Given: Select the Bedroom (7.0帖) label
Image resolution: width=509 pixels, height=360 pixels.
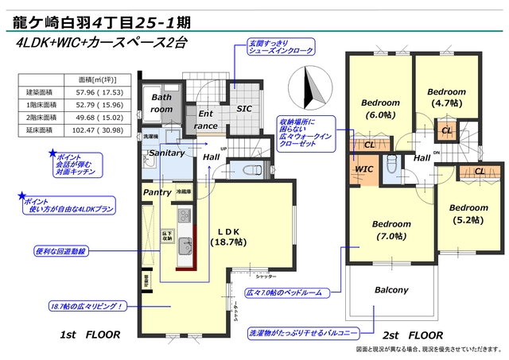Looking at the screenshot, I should (391, 230).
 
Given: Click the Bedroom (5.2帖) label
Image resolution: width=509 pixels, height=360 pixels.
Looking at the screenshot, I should (468, 214).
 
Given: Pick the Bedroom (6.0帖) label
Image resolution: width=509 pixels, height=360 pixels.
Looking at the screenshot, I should (379, 109).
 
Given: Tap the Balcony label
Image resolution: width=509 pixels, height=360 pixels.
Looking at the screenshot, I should (391, 289).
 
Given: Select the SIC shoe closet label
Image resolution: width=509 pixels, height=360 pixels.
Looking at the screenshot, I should (244, 109).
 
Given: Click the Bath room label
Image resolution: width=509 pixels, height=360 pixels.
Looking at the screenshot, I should (162, 103).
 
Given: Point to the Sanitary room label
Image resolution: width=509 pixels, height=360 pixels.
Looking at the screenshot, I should (166, 153).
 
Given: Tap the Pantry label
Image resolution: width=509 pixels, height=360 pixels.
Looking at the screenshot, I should (157, 192).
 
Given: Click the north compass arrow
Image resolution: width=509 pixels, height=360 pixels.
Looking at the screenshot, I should (310, 84).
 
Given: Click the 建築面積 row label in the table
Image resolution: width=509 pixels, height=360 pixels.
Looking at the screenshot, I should (39, 93).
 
